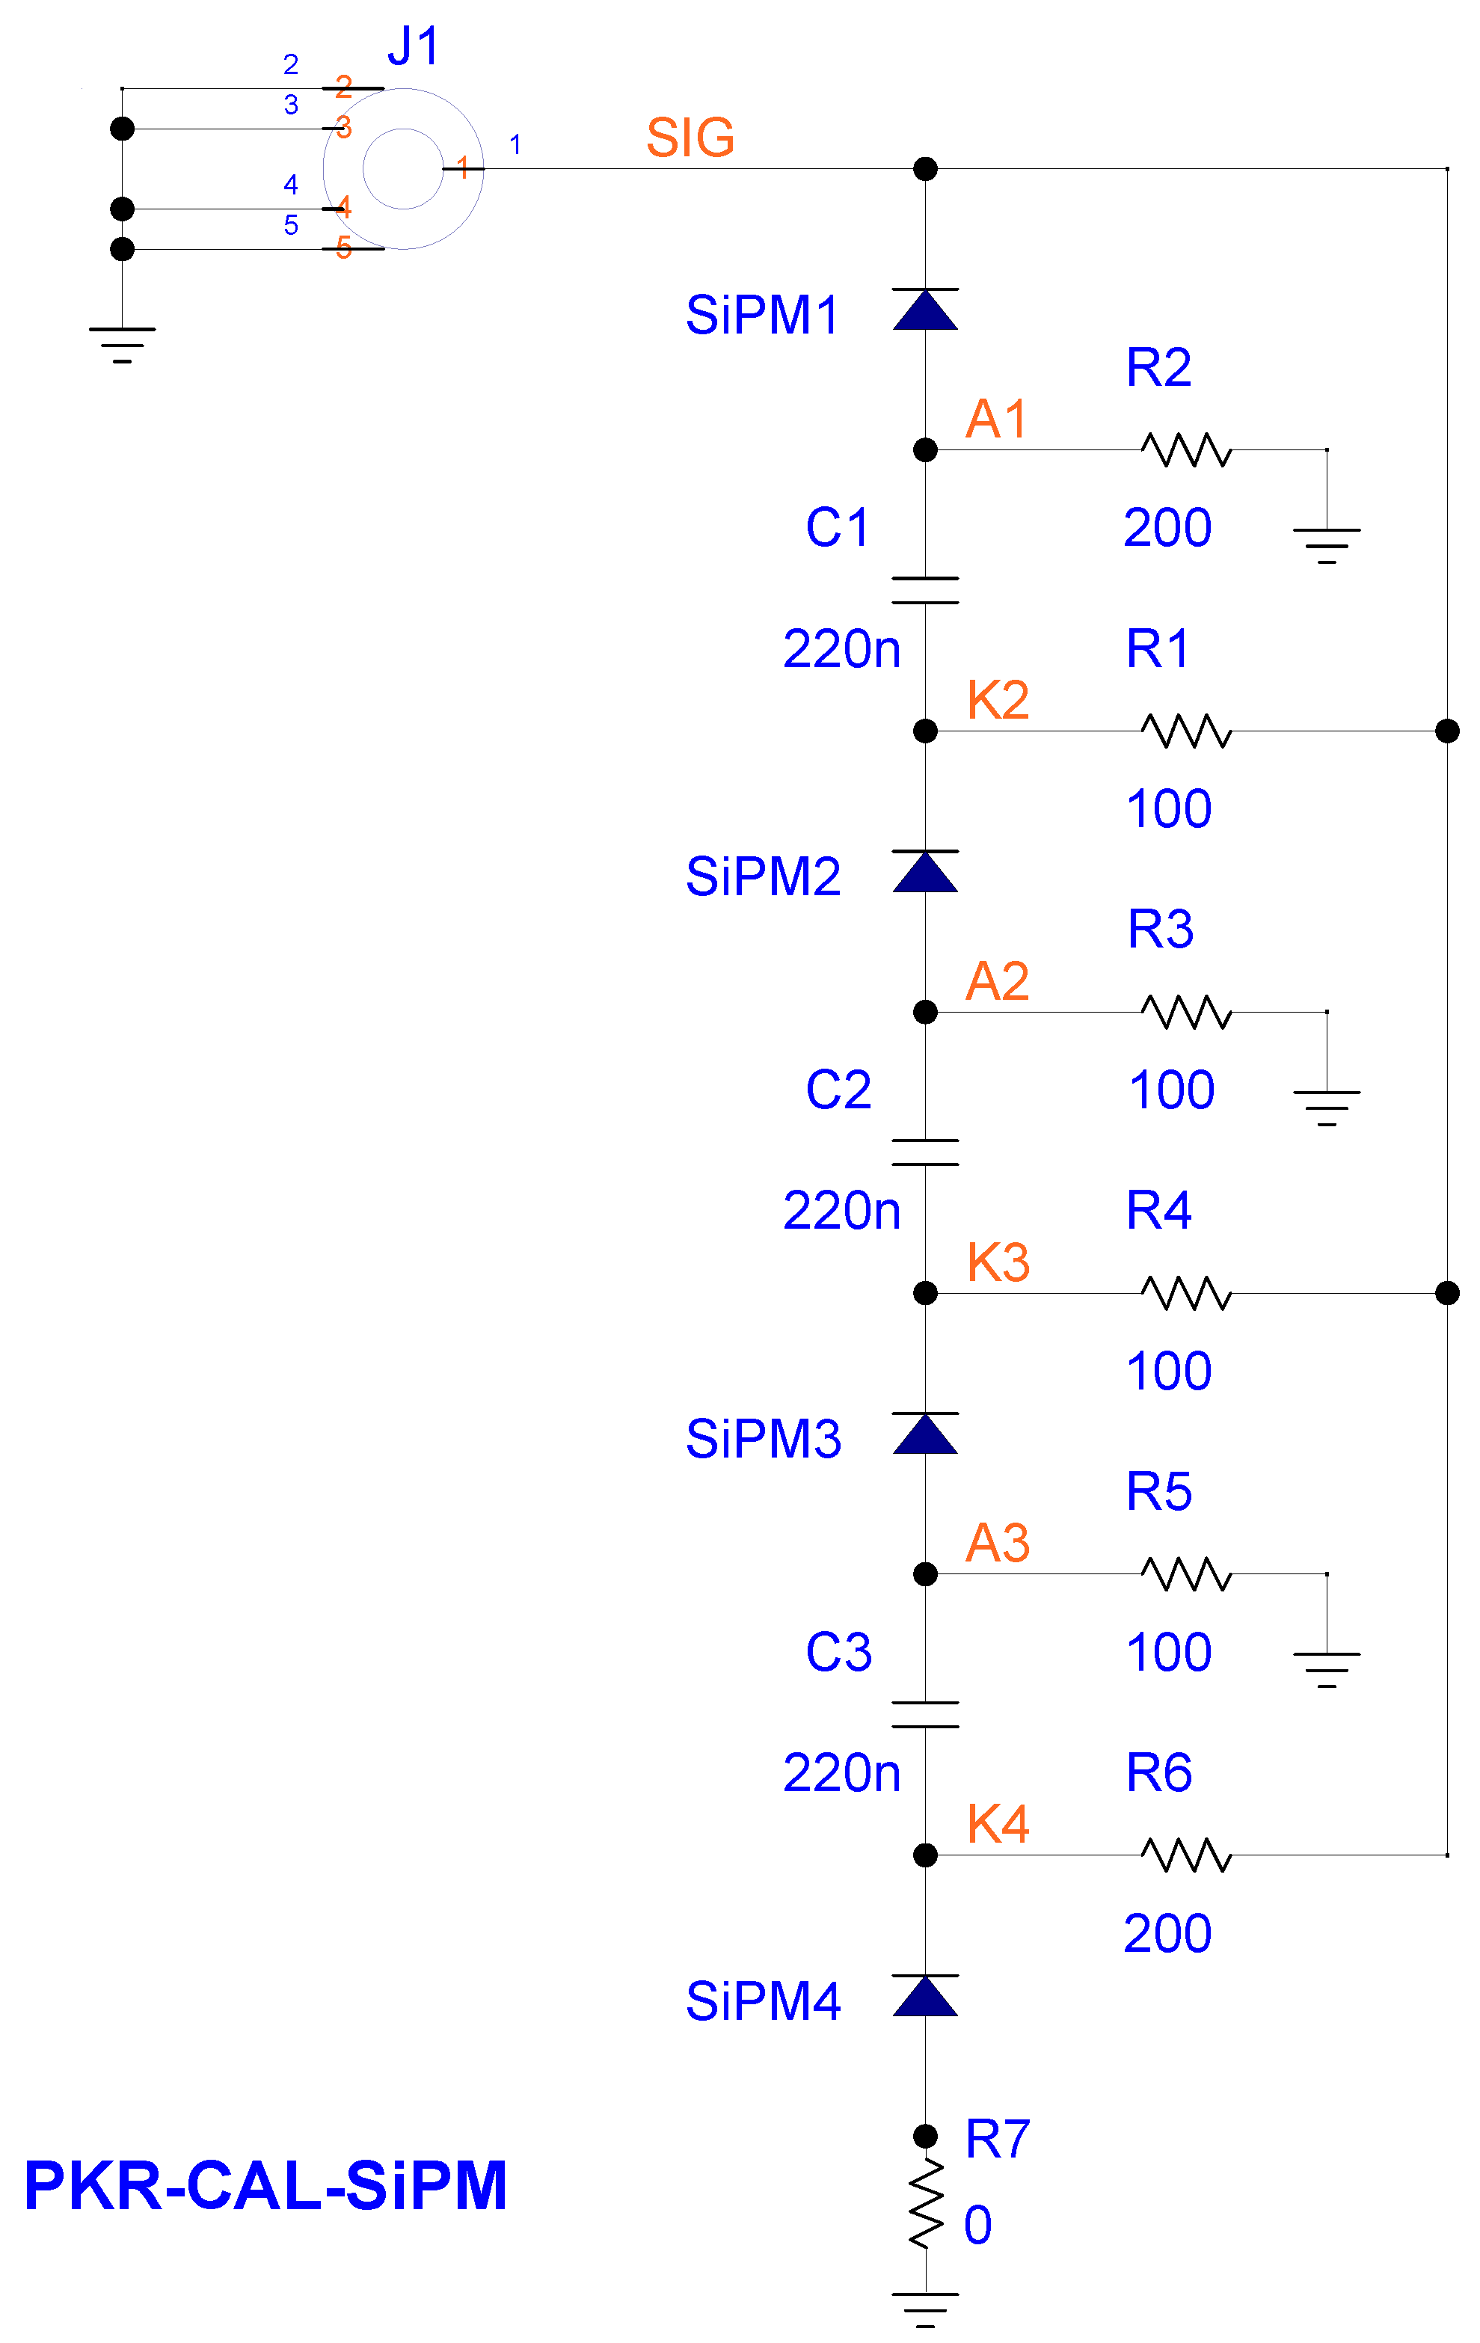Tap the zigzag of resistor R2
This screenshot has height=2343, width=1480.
tap(1186, 449)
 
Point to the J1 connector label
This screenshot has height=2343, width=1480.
tap(414, 46)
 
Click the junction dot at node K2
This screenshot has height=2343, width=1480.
tap(924, 731)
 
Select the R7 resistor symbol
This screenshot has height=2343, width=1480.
tap(925, 2204)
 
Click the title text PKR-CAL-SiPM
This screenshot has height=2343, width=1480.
tap(265, 2185)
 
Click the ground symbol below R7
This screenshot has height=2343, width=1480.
tap(924, 2310)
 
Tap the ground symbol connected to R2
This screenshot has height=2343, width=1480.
tap(1326, 546)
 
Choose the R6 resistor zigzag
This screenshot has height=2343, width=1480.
tap(1186, 1855)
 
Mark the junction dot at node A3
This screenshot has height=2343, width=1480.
tap(924, 1573)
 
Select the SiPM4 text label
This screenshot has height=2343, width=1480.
tap(763, 2000)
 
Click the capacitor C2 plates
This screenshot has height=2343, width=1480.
tap(924, 1152)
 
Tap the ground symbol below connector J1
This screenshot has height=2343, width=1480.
tap(122, 345)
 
